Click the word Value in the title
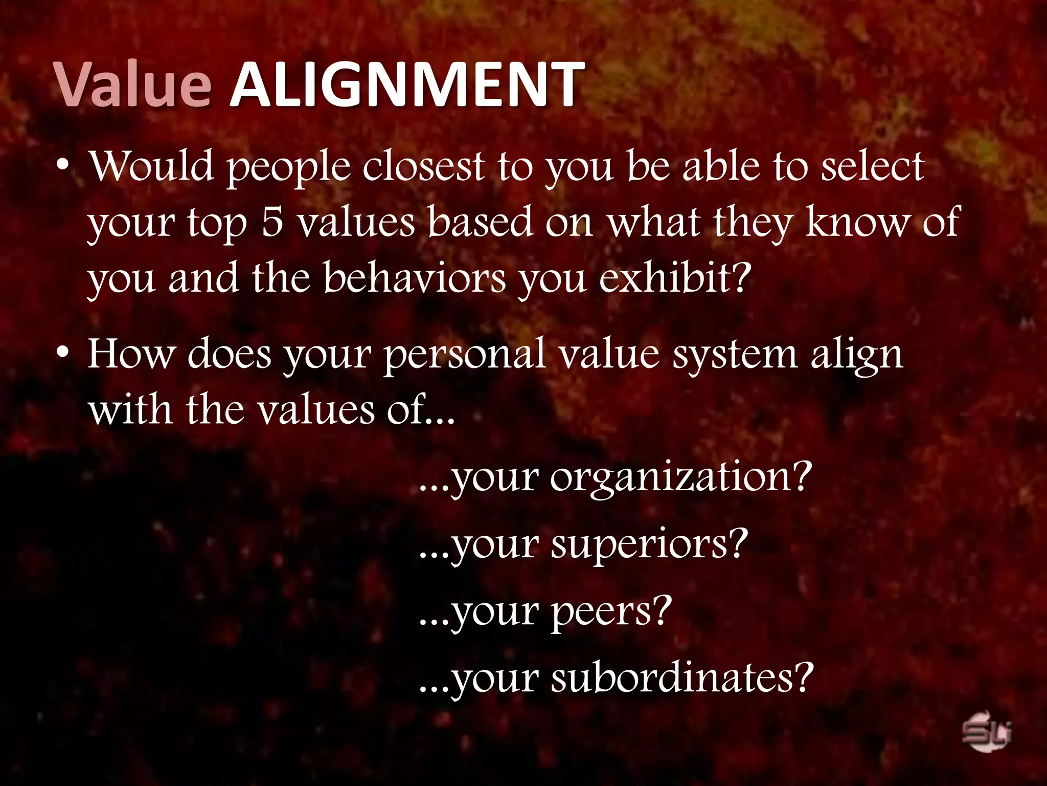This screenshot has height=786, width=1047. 133,84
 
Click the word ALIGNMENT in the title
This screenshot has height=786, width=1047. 406,84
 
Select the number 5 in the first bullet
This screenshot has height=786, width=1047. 272,223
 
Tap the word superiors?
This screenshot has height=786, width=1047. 649,545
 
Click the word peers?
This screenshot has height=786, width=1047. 611,613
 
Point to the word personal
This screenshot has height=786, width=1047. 465,355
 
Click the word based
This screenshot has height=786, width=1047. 480,223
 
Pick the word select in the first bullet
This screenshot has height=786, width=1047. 873,166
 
